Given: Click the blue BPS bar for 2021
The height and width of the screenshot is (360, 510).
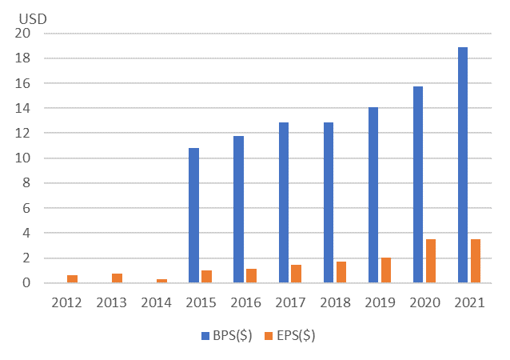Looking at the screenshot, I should click(x=463, y=165).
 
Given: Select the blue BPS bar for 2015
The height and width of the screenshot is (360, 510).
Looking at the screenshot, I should click(x=193, y=215).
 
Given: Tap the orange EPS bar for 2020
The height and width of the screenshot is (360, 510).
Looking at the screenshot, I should click(x=431, y=261).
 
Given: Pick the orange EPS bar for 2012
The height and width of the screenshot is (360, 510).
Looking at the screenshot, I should click(x=72, y=278).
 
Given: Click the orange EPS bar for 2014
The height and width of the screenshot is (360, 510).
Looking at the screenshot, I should click(x=161, y=281).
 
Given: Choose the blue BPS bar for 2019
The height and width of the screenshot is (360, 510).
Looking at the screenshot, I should click(x=373, y=195).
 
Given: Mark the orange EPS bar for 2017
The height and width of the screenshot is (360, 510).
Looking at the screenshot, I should click(x=296, y=274).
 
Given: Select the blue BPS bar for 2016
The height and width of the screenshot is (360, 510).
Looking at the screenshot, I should click(x=238, y=210).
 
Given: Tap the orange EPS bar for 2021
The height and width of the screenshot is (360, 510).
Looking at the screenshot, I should click(x=476, y=261).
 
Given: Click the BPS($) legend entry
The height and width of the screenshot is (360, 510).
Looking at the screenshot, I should click(x=229, y=336).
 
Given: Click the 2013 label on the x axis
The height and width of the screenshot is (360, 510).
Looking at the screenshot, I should click(x=111, y=302).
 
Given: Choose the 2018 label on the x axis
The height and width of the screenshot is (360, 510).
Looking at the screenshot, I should click(x=335, y=302).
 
